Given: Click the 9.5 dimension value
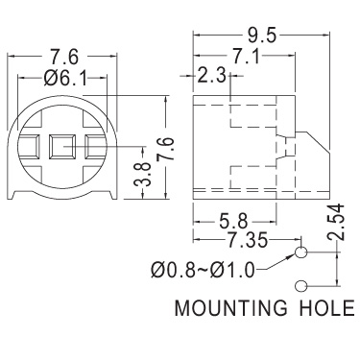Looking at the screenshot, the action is click(x=261, y=36).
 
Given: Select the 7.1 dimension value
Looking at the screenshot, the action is click(x=246, y=57).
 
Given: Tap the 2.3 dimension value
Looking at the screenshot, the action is click(x=212, y=76).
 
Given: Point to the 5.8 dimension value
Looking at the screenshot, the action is click(x=234, y=221).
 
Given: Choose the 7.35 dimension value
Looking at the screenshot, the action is click(x=247, y=240).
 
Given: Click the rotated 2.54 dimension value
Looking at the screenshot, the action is click(x=335, y=222).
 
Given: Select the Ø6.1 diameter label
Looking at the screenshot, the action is click(x=65, y=78).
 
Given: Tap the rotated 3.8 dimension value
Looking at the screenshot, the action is click(x=142, y=175).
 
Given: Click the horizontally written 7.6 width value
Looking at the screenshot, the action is click(x=64, y=57).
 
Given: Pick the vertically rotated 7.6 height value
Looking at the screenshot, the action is click(x=166, y=149).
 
